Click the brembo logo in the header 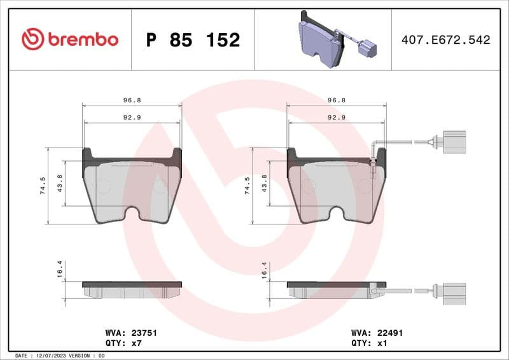(69, 39)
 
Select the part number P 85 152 (193, 40)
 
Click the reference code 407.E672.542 (445, 40)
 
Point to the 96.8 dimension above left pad (132, 100)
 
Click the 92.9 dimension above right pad (336, 117)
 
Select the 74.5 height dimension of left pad (43, 186)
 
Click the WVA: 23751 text (130, 333)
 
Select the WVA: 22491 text (377, 333)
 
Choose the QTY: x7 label (122, 342)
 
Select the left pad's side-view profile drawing (132, 289)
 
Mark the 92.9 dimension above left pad (132, 117)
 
